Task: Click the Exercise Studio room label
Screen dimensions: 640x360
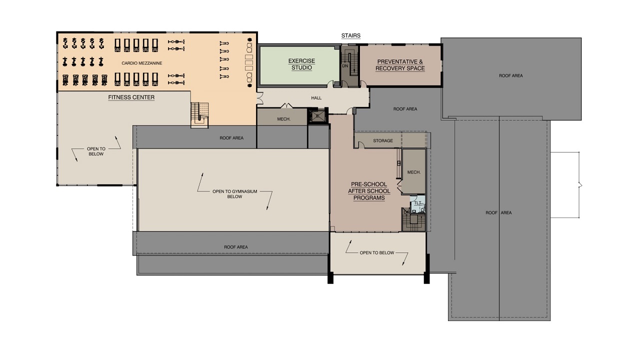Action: coord(301,64)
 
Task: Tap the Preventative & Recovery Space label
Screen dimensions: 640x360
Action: coord(400,65)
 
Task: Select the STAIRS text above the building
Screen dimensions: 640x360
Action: coord(351,35)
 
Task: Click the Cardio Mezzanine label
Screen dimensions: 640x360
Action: coord(141,63)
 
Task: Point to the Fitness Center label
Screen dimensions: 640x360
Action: coord(131,97)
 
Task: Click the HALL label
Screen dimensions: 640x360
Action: coord(316,98)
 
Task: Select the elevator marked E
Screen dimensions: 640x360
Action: coord(317,116)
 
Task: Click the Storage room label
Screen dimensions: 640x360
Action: coord(383,141)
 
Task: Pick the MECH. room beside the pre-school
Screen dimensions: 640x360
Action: coord(413,171)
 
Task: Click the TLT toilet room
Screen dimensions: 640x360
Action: coord(417,204)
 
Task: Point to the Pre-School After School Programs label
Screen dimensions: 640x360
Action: coord(369,191)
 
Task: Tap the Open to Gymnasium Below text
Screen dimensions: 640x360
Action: coord(234,194)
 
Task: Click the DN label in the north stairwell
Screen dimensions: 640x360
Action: coord(345,66)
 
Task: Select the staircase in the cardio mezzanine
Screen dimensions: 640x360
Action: coord(199,115)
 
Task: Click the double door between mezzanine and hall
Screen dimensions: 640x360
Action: coord(259,98)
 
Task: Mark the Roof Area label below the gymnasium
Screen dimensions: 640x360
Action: coord(235,247)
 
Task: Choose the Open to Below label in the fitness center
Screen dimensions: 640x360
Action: coord(96,151)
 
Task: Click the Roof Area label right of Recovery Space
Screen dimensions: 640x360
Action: coord(511,75)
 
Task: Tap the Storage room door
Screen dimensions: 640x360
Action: coord(361,145)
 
